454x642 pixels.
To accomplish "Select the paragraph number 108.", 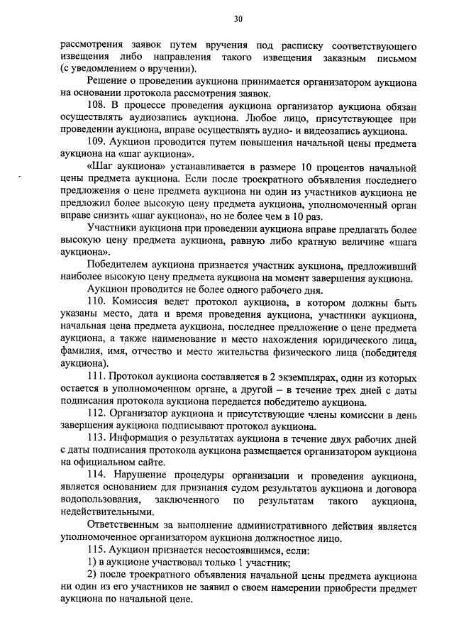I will coord(96,106).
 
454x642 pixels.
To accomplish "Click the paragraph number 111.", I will coord(96,375).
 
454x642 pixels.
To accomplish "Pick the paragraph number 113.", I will coord(96,438).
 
